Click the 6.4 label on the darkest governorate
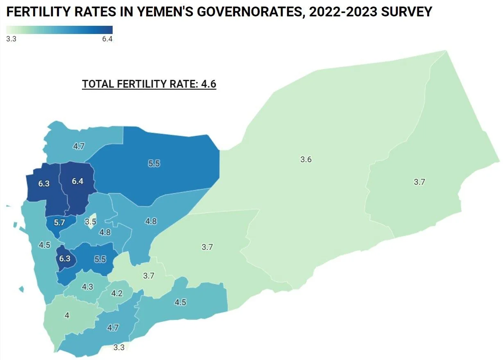(x=77, y=181)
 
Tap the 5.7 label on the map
(x=59, y=223)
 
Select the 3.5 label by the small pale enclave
(x=91, y=222)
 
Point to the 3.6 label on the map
(x=306, y=160)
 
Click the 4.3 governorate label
(x=87, y=287)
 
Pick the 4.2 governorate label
(x=117, y=293)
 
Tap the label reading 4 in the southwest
(x=67, y=316)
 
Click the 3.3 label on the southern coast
(x=119, y=347)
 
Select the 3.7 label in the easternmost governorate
(x=419, y=182)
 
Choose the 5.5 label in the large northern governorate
(x=154, y=163)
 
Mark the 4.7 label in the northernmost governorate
(x=79, y=146)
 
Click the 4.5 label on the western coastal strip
(x=44, y=245)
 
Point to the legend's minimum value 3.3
(x=11, y=39)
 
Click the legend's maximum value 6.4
(x=107, y=39)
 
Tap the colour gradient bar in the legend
(x=59, y=30)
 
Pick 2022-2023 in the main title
(x=343, y=12)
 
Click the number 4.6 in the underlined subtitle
(x=208, y=84)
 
